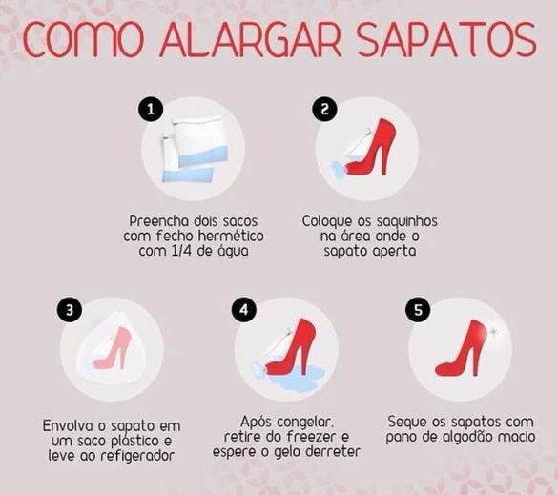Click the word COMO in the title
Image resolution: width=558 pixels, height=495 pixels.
pos(83,39)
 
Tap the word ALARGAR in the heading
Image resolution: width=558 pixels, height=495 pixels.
pos(251,39)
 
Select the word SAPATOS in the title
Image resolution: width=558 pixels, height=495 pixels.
pos(447,39)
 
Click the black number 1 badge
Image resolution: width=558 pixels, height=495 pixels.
pos(151,109)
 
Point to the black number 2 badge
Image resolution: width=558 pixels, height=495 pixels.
pos(324,109)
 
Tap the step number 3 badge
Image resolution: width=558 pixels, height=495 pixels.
pos(70,310)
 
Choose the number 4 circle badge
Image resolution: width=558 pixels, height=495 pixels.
pos(244,310)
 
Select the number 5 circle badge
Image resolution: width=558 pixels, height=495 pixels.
pos(418,310)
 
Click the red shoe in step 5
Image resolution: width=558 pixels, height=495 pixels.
pos(463,352)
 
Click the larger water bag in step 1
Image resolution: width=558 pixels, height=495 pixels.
pos(201,142)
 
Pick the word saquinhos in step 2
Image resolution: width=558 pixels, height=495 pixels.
pos(406,221)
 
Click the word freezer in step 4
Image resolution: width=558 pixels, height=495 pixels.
pos(311,437)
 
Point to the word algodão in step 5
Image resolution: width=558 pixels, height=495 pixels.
pos(471,438)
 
